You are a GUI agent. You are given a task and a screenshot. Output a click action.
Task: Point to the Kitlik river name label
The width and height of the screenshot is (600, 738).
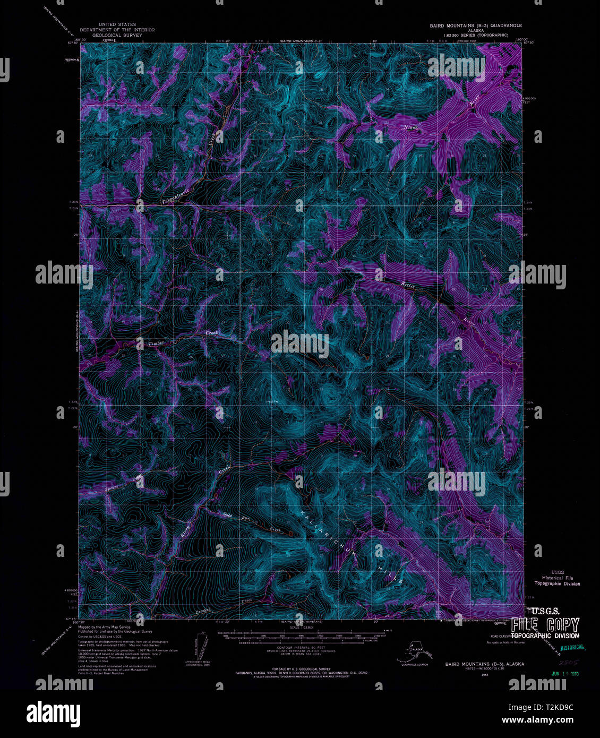pos(407,285)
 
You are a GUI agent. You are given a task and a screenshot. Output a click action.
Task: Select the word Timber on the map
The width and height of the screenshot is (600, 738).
pos(156,344)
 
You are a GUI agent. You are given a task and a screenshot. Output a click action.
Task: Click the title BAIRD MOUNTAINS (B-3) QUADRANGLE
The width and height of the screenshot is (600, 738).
pos(476,25)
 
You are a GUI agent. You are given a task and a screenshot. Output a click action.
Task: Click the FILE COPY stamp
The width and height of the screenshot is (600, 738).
pos(545,625)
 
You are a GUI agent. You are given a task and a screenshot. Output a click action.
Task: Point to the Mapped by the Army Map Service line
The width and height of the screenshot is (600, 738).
pos(104,627)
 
